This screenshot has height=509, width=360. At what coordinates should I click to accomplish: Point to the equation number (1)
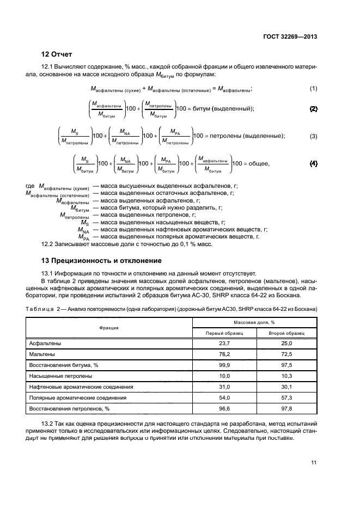(313, 88)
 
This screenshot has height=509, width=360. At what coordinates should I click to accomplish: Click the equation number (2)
(313, 109)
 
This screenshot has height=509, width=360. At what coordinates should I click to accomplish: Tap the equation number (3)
(313, 136)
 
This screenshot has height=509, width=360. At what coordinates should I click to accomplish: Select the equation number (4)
(313, 163)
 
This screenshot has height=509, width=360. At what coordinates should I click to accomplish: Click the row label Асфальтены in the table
(45, 344)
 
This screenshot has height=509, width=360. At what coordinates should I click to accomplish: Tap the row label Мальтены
(42, 354)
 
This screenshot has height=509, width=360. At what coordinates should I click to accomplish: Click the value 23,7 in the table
(223, 344)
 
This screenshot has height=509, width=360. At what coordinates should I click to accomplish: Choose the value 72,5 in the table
(286, 354)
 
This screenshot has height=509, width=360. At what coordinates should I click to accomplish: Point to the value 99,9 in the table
(223, 365)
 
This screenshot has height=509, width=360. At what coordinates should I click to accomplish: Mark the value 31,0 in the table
(223, 387)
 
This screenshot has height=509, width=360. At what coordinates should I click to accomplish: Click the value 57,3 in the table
(286, 397)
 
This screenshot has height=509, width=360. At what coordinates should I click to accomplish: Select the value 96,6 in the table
(223, 408)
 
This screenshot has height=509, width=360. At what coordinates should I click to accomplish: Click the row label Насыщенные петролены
(61, 376)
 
